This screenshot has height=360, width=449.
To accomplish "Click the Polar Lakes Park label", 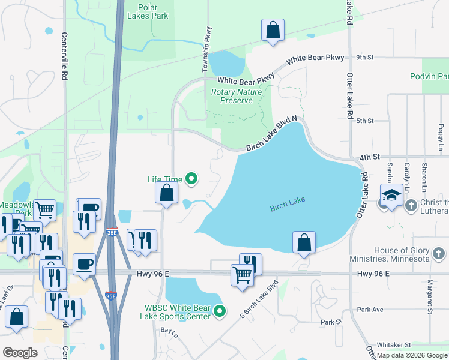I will (x=148, y=11).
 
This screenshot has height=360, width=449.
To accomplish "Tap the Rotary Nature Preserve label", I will (x=236, y=97).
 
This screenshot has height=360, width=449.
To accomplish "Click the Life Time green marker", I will (x=191, y=178).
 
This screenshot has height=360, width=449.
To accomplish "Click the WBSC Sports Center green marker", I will (x=220, y=311).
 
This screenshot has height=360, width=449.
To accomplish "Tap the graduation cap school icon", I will (x=391, y=196).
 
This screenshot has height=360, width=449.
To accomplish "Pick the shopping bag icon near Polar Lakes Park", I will (x=273, y=29).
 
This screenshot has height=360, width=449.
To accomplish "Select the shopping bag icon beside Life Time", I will (x=167, y=193).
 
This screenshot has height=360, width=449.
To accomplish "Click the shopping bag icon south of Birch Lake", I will (x=304, y=243).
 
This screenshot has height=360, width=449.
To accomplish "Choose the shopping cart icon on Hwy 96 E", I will (x=242, y=276).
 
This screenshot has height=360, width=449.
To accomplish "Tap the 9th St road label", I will (x=364, y=58).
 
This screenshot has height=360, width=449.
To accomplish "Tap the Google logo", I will (x=20, y=353).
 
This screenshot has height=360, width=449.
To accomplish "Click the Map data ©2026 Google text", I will (x=412, y=355).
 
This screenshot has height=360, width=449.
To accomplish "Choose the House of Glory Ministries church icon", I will (x=439, y=254).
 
